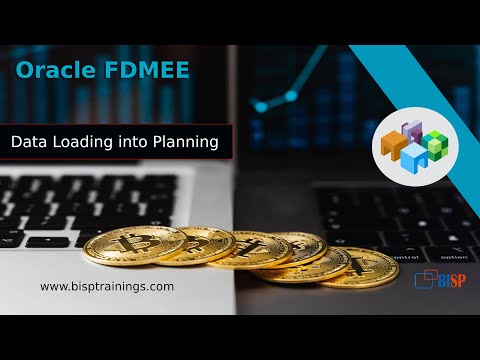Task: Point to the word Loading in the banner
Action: click(x=85, y=143)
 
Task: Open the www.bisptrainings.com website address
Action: click(x=107, y=286)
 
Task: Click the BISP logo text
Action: click(x=453, y=280)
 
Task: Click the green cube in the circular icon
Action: click(x=438, y=143)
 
